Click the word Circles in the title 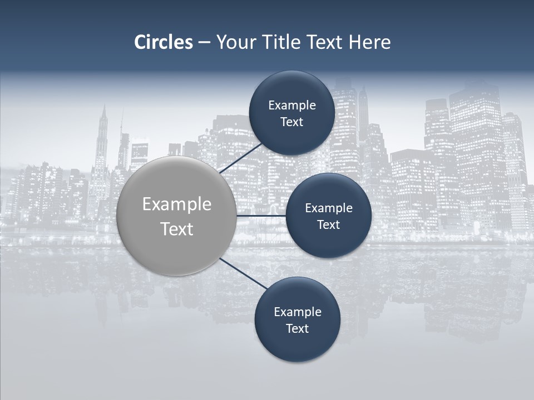164,42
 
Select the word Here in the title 370,42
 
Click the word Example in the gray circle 177,204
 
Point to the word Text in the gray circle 177,229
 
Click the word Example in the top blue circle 292,106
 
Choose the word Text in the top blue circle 292,122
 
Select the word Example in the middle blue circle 329,208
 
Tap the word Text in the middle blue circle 329,225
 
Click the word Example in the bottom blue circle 298,312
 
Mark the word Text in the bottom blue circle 298,329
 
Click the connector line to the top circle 240,158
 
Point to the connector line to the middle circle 261,216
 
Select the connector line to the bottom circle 244,273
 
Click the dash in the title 204,42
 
